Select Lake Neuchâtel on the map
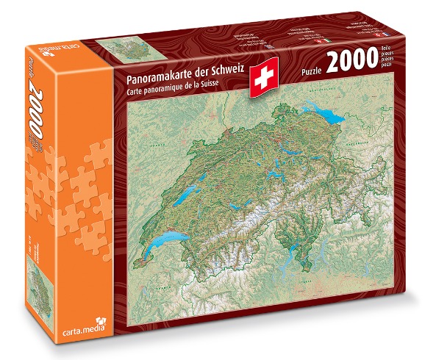point(190,193)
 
